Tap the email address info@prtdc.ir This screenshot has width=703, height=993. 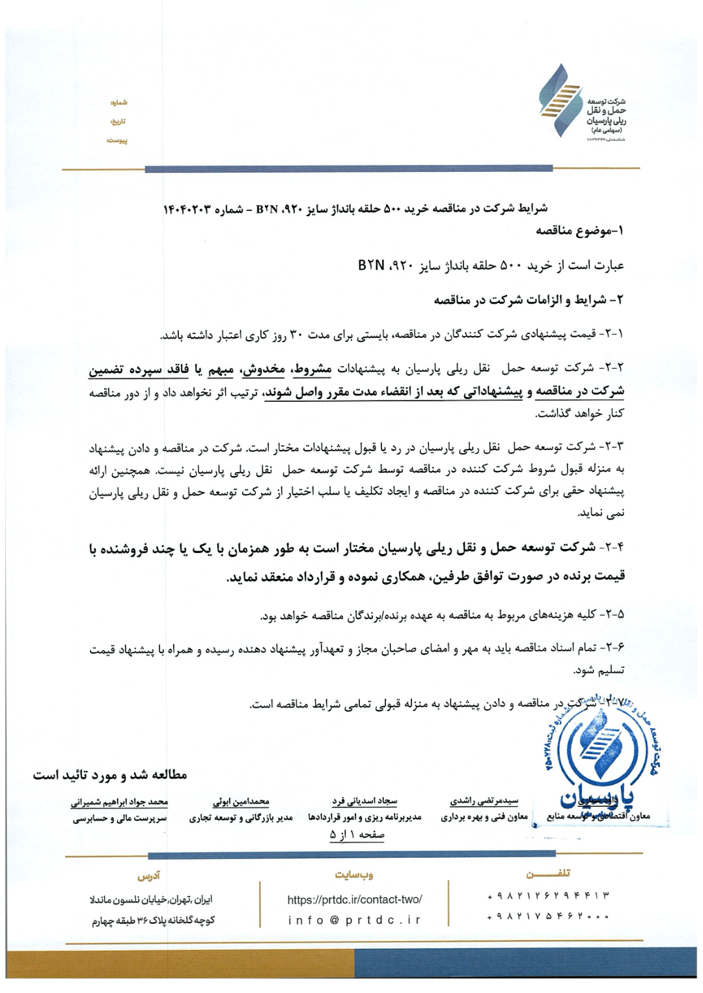pyautogui.click(x=354, y=920)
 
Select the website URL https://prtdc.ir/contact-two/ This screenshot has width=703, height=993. pyautogui.click(x=354, y=899)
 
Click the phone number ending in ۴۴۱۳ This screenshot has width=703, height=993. pyautogui.click(x=548, y=897)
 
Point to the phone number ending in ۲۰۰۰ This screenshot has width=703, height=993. pyautogui.click(x=548, y=917)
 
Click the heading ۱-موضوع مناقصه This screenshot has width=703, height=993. pyautogui.click(x=579, y=231)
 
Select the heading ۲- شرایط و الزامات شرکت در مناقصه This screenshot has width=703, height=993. pyautogui.click(x=529, y=300)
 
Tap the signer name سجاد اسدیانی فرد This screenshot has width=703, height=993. pyautogui.click(x=364, y=802)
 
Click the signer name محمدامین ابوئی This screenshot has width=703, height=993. pyautogui.click(x=241, y=802)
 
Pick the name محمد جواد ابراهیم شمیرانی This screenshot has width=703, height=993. pyautogui.click(x=120, y=802)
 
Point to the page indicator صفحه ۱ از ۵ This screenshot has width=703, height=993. pyautogui.click(x=357, y=834)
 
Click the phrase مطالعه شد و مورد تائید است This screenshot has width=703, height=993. pyautogui.click(x=110, y=776)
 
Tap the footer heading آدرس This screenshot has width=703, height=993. pyautogui.click(x=150, y=874)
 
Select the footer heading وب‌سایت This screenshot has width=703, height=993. pyautogui.click(x=354, y=874)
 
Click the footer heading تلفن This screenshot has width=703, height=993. pyautogui.click(x=547, y=873)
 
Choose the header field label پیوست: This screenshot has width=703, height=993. pyautogui.click(x=117, y=141)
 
